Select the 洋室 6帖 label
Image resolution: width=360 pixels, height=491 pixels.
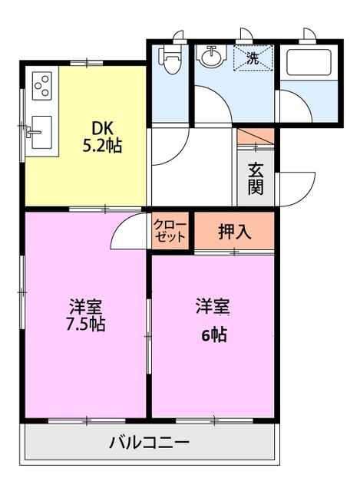point(211,321)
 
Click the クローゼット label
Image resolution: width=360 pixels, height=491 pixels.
point(170,230)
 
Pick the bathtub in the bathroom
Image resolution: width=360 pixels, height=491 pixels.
point(307,61)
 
